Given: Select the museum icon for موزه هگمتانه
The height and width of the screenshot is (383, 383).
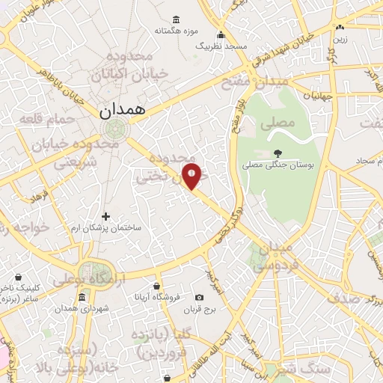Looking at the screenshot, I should (176, 19).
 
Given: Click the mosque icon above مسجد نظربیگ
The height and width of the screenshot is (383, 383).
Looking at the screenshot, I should (221, 35).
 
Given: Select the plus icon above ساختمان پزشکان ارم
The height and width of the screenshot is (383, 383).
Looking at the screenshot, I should (105, 216).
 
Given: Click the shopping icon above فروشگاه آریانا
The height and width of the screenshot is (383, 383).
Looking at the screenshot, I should (156, 286).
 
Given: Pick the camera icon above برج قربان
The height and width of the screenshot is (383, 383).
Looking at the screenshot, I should (199, 297).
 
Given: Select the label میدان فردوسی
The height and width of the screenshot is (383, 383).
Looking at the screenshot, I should (276, 257).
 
